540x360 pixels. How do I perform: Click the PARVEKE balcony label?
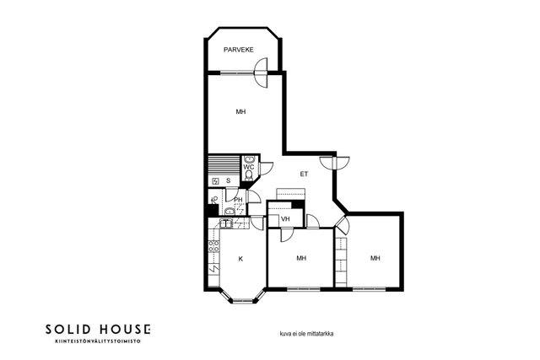[x=238, y=50]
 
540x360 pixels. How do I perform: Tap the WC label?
[x=249, y=167]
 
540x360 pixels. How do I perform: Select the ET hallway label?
[x=304, y=175]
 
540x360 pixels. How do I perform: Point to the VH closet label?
[x=285, y=219]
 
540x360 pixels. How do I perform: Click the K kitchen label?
[x=240, y=259]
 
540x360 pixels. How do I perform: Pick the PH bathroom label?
[x=238, y=200]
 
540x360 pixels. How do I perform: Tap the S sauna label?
[x=228, y=180]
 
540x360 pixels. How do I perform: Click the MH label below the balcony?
[x=240, y=112]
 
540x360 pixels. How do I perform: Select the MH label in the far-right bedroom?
[x=375, y=258]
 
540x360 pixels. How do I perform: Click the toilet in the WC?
[x=249, y=175]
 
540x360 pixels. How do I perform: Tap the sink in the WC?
[x=249, y=159]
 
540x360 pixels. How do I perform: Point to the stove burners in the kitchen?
[x=213, y=245]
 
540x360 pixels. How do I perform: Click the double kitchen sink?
[x=227, y=223]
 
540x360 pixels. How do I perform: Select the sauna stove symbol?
[x=215, y=180]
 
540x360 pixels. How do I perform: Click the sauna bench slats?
[x=224, y=165]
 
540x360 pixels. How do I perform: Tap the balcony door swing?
[x=261, y=73]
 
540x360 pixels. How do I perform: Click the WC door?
[x=266, y=168]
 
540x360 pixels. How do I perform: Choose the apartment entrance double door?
[x=334, y=163]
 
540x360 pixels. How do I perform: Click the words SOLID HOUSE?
[x=98, y=330]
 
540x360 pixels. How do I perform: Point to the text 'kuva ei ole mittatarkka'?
[x=306, y=334]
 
